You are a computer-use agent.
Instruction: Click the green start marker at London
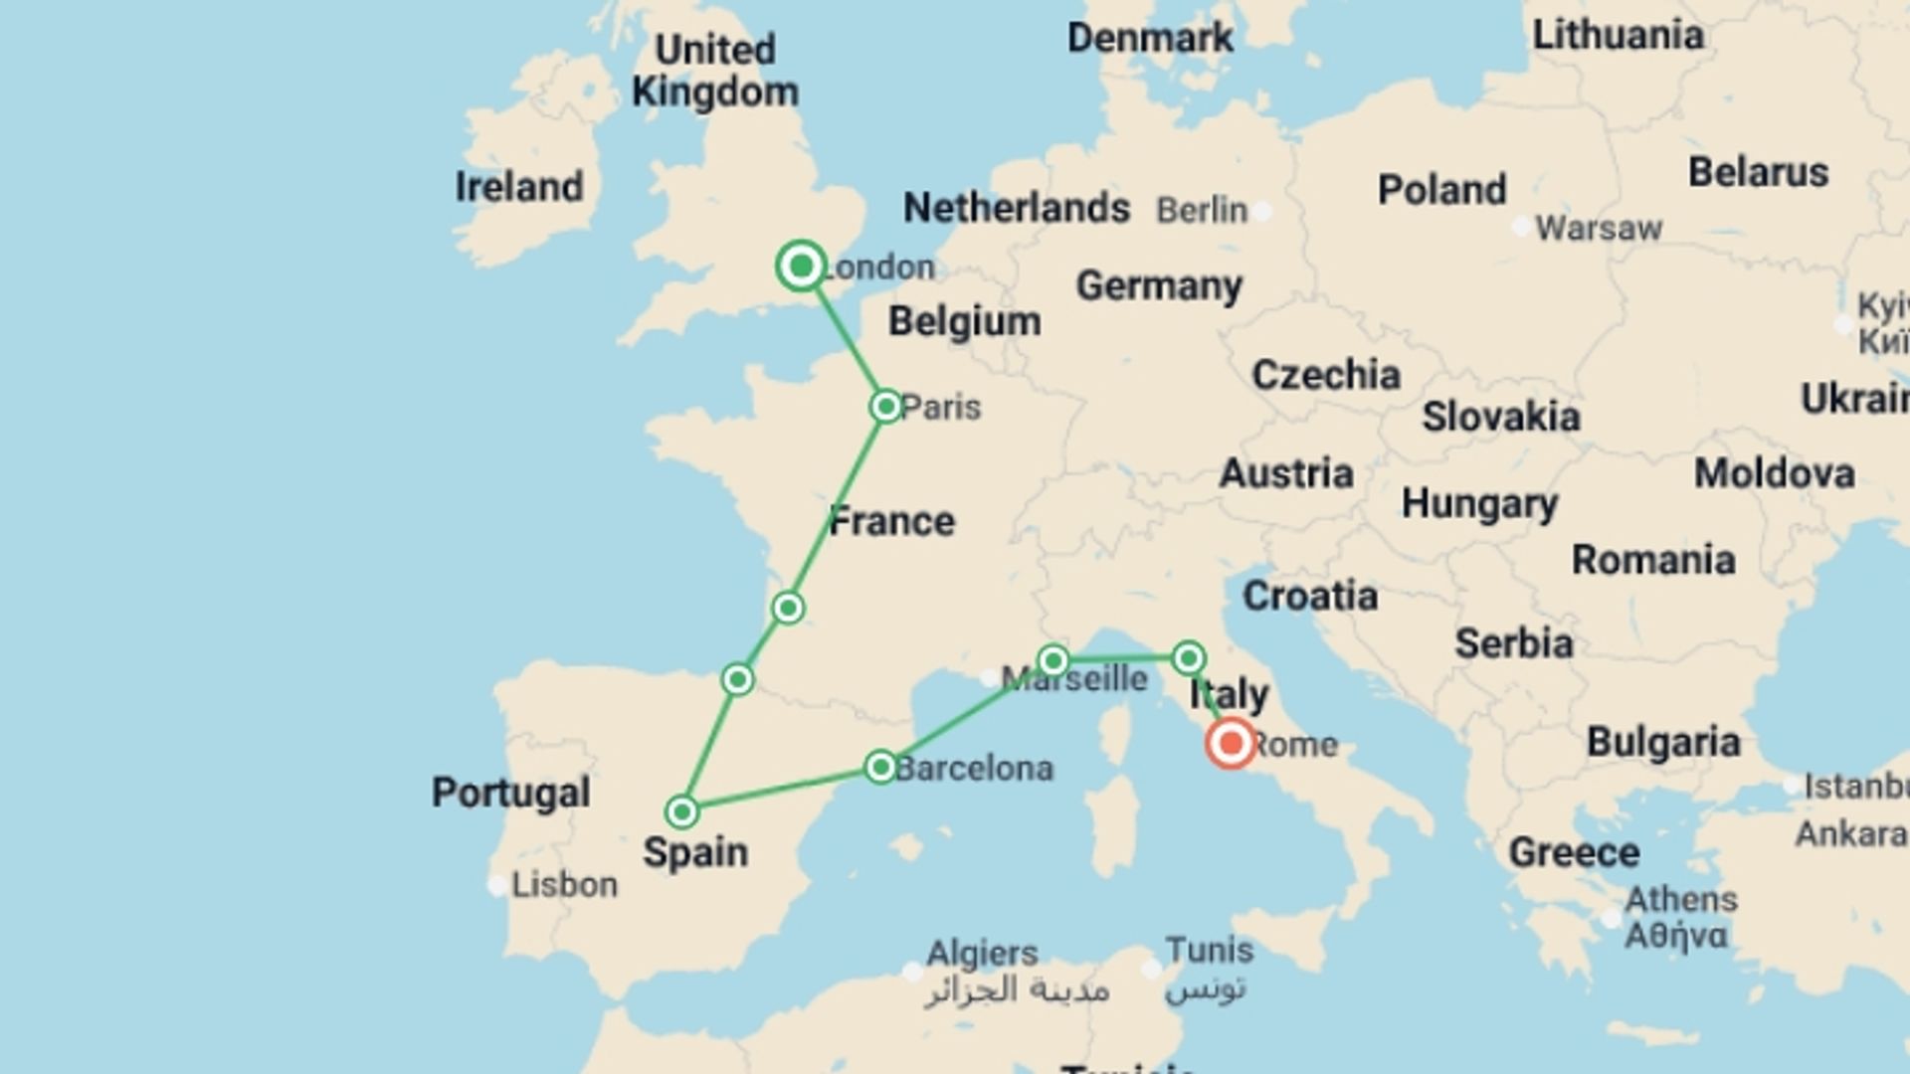(801, 266)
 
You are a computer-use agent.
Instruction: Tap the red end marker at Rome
(1231, 743)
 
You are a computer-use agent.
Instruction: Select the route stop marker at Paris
(885, 406)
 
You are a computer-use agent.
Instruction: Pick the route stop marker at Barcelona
(880, 767)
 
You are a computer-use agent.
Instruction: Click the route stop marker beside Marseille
(1052, 660)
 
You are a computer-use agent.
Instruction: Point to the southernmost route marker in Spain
(681, 812)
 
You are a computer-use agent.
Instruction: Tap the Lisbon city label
(563, 884)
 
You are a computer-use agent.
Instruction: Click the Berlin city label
(1201, 210)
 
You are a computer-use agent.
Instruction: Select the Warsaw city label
(1598, 228)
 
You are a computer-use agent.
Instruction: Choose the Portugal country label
(510, 793)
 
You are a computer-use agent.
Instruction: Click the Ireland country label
(518, 187)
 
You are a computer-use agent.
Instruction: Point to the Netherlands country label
(1016, 208)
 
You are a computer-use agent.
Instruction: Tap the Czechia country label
(1325, 375)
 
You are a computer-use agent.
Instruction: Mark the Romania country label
(1652, 560)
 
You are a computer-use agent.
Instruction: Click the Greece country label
(1573, 852)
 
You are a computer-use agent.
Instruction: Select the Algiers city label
(981, 953)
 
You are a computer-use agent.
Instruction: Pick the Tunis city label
(1209, 950)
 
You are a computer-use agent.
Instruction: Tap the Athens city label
(1680, 899)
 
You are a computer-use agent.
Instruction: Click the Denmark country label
(1149, 38)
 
